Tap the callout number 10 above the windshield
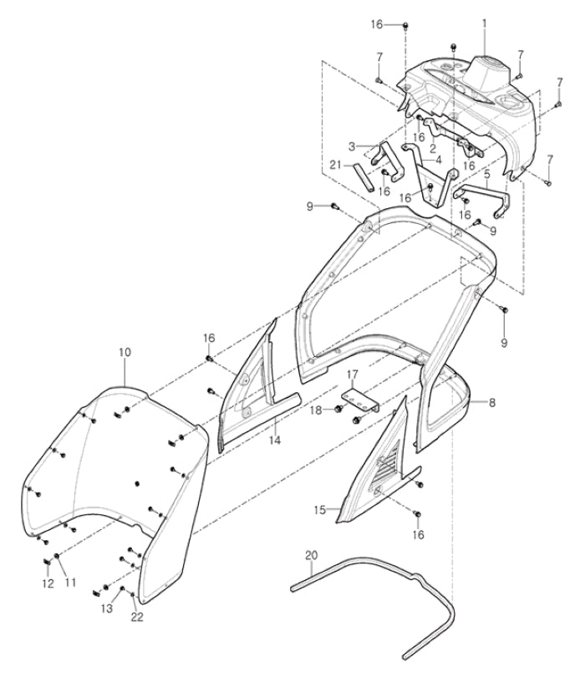(125, 353)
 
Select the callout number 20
(312, 553)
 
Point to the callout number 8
(492, 402)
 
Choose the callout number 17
(353, 373)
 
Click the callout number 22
(136, 618)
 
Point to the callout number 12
(47, 583)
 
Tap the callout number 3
(352, 145)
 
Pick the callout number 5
(486, 175)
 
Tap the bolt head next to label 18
(338, 409)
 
